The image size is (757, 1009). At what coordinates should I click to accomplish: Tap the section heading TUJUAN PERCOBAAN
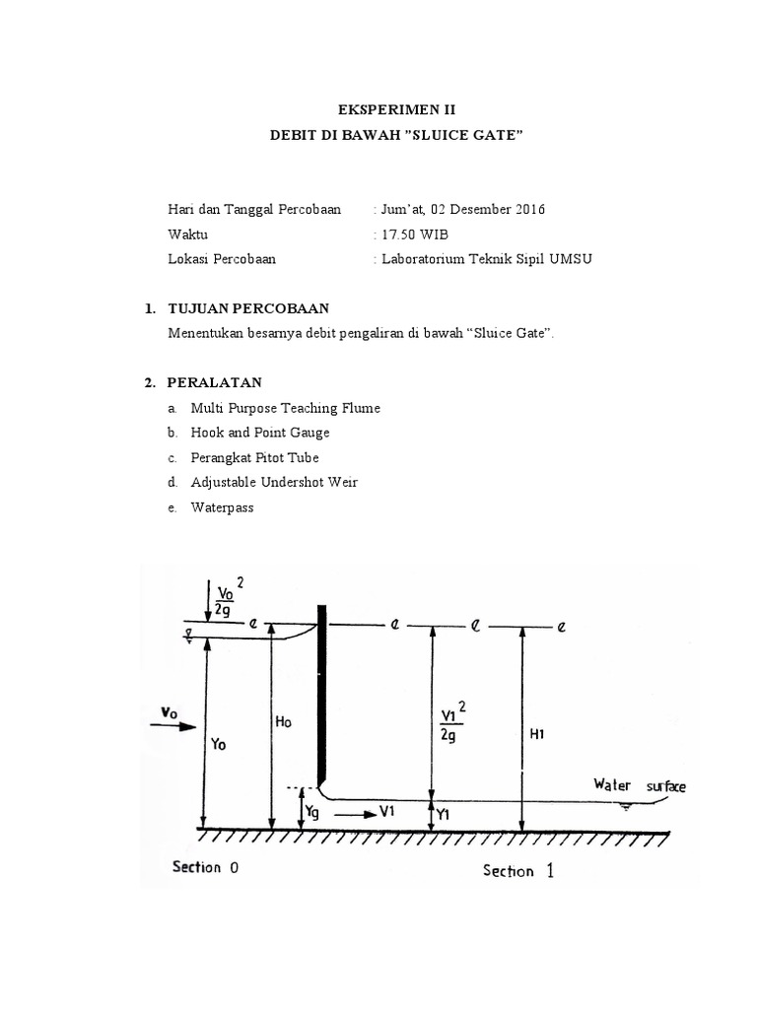click(248, 308)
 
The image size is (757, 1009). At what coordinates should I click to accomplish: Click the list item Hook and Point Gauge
click(247, 433)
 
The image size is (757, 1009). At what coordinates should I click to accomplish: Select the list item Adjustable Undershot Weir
click(262, 483)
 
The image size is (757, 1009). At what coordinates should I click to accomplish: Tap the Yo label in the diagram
click(218, 745)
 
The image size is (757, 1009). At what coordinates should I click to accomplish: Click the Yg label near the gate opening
click(314, 813)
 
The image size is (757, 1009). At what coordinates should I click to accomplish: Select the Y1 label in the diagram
click(444, 814)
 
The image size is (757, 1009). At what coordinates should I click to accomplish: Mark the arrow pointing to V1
click(350, 814)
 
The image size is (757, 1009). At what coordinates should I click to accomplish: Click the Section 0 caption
click(205, 868)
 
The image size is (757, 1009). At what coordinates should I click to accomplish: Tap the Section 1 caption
click(517, 870)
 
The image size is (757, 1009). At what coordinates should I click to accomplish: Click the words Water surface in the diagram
click(640, 786)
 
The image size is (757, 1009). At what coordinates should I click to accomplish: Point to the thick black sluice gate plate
click(320, 690)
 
